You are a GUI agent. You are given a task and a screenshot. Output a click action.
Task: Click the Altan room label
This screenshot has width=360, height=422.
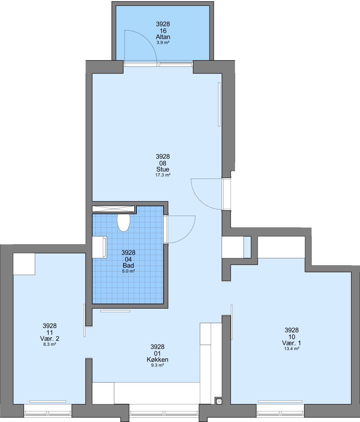(163, 37)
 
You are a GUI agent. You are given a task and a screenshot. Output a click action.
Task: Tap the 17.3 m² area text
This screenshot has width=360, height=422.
(163, 175)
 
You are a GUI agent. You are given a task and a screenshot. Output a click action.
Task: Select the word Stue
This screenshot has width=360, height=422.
(163, 169)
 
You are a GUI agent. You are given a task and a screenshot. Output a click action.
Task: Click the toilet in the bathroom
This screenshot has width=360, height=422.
(124, 223)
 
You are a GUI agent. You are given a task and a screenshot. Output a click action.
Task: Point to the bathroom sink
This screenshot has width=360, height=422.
(100, 247)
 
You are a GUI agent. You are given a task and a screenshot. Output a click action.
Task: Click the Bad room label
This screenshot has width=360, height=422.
(128, 265)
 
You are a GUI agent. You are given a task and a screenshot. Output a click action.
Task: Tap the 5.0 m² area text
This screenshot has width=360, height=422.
(129, 271)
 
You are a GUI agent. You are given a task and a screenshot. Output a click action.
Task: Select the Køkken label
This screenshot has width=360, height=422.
(158, 359)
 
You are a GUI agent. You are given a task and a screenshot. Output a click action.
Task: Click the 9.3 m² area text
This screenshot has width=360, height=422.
(158, 365)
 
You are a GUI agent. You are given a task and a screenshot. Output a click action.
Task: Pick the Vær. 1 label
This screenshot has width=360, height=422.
(292, 343)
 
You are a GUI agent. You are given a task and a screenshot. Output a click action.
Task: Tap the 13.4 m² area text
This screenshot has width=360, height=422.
(292, 349)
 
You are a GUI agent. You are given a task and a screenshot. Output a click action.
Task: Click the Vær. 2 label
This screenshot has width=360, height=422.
(50, 338)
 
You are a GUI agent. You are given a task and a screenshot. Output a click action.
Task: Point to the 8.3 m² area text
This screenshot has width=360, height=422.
(50, 344)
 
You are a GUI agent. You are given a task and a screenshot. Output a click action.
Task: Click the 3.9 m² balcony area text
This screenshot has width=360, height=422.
(163, 43)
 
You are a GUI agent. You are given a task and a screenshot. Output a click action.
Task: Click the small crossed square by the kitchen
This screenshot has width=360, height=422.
(219, 401)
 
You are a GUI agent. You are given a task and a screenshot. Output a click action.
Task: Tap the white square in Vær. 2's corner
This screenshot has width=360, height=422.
(24, 264)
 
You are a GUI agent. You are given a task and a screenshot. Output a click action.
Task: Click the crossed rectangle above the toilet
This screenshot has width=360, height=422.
(113, 209)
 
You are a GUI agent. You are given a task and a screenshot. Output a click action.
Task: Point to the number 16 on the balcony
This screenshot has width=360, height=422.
(163, 31)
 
